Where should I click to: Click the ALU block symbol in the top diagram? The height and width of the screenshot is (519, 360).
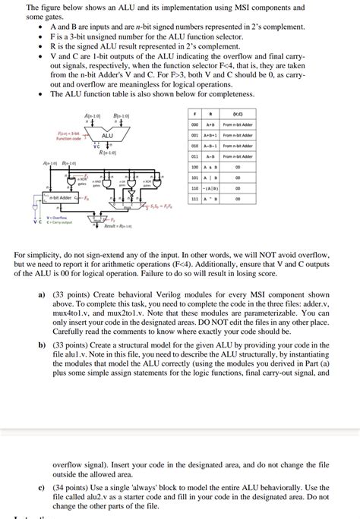tap(107, 136)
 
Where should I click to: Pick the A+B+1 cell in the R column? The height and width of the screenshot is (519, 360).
tap(210, 134)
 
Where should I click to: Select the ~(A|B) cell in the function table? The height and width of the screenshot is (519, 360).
tap(210, 188)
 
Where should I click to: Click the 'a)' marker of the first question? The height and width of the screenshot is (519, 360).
tap(41, 292)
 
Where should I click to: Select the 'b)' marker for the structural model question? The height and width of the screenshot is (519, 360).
tap(41, 344)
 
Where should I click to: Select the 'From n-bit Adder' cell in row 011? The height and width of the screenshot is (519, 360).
tap(238, 156)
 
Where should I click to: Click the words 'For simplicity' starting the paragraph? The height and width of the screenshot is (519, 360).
tap(37, 256)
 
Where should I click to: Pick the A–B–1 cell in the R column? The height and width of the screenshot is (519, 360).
tap(210, 145)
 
